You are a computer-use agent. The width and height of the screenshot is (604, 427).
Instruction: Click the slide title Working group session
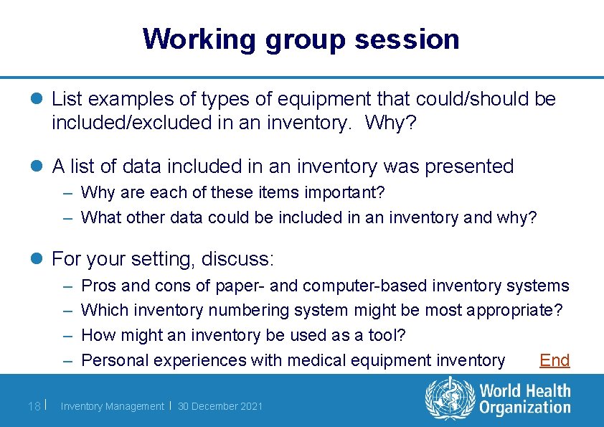tap(301, 39)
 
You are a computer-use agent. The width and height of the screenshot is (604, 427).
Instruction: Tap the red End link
tap(554, 360)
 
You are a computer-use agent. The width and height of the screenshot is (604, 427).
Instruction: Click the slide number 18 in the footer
tap(33, 406)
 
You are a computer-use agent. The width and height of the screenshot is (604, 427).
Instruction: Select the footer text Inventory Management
tap(112, 406)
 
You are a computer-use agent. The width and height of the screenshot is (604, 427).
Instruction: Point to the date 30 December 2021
tap(220, 406)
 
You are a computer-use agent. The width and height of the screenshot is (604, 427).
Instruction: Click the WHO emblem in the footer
tap(450, 399)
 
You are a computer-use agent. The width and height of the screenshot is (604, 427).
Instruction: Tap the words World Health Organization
tap(524, 400)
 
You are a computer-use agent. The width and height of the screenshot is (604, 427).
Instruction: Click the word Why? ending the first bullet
tap(390, 123)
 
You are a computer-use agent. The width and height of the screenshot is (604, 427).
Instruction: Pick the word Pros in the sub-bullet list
tap(99, 286)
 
